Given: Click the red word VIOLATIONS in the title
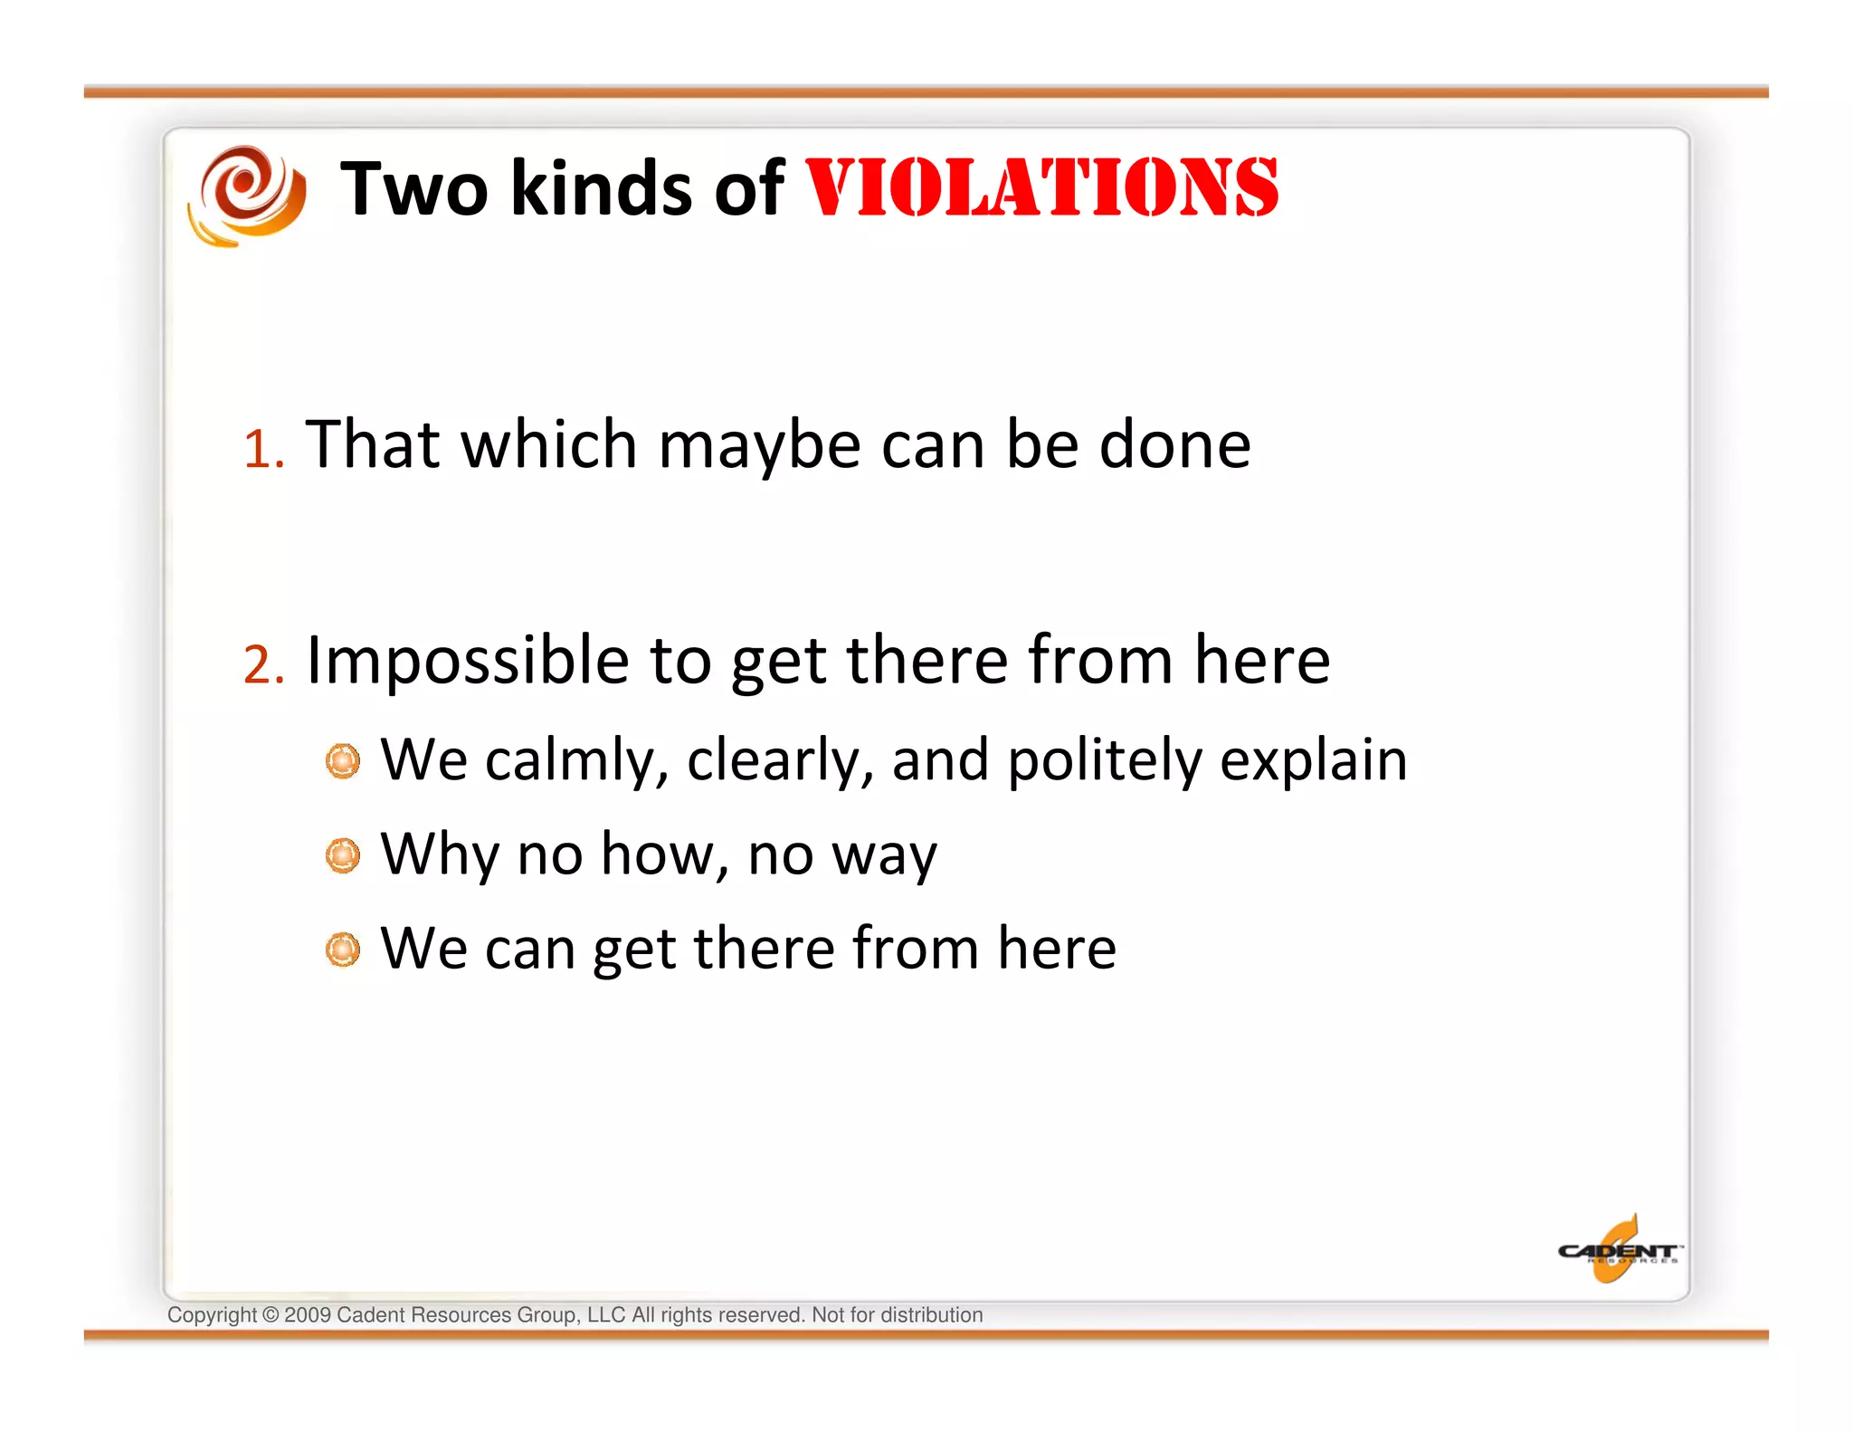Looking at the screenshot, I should pyautogui.click(x=1041, y=187).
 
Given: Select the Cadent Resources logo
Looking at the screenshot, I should pyautogui.click(x=1618, y=1250).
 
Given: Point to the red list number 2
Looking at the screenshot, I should pyautogui.click(x=262, y=664).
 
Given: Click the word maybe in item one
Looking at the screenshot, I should pyautogui.click(x=759, y=446).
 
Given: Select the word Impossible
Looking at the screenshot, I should pyautogui.click(x=468, y=661).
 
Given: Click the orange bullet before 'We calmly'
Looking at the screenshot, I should pyautogui.click(x=343, y=761).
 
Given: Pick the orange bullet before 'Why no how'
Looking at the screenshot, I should pyautogui.click(x=343, y=855).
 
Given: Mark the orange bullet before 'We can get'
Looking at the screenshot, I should pyautogui.click(x=343, y=950).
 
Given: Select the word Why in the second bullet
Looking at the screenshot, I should pyautogui.click(x=439, y=854).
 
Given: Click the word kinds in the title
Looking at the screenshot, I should pyautogui.click(x=601, y=188).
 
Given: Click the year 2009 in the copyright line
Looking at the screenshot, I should pyautogui.click(x=308, y=1315).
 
